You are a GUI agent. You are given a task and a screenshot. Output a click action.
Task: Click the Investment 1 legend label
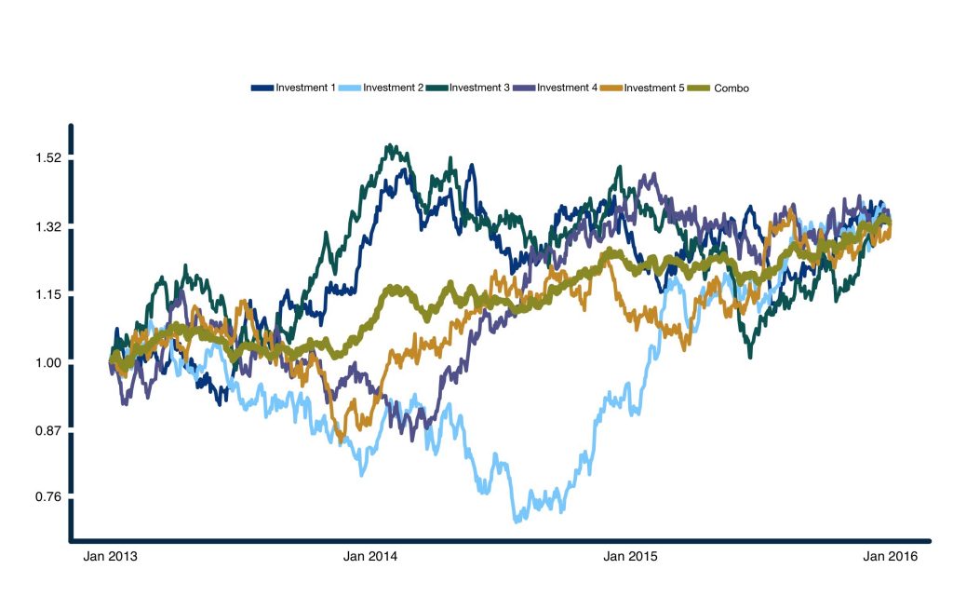pyautogui.click(x=306, y=88)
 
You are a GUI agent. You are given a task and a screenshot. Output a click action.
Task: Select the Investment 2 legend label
pyautogui.click(x=394, y=88)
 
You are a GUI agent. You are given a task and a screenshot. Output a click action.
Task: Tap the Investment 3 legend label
pyautogui.click(x=480, y=88)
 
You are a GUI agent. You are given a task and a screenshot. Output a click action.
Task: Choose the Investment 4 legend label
pyautogui.click(x=567, y=88)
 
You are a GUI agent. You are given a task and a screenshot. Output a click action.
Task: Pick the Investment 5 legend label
pyautogui.click(x=654, y=88)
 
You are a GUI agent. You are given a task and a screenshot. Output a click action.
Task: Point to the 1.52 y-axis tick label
pyautogui.click(x=47, y=158)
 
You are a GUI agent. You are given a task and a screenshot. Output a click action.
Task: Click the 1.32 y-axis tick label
pyautogui.click(x=47, y=227)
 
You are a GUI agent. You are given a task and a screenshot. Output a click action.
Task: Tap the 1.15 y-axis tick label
pyautogui.click(x=47, y=295)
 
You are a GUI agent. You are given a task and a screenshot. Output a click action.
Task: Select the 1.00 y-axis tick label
pyautogui.click(x=47, y=363)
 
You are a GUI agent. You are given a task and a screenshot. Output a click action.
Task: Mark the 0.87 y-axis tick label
pyautogui.click(x=47, y=430)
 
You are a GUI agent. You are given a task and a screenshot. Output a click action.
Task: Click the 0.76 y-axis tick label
pyautogui.click(x=47, y=497)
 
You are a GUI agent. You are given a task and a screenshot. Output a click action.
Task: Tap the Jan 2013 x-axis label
pyautogui.click(x=111, y=557)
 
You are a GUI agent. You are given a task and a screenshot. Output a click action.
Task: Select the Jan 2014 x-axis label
pyautogui.click(x=370, y=557)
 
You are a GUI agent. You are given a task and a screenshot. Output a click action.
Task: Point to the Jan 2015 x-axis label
pyautogui.click(x=631, y=557)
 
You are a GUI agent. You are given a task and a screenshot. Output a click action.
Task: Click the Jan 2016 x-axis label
pyautogui.click(x=891, y=557)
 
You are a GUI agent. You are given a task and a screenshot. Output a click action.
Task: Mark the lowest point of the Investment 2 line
pyautogui.click(x=516, y=520)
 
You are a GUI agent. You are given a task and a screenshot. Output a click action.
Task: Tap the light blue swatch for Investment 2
pyautogui.click(x=349, y=88)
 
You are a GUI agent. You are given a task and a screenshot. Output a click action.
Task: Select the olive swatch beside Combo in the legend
pyautogui.click(x=700, y=88)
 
